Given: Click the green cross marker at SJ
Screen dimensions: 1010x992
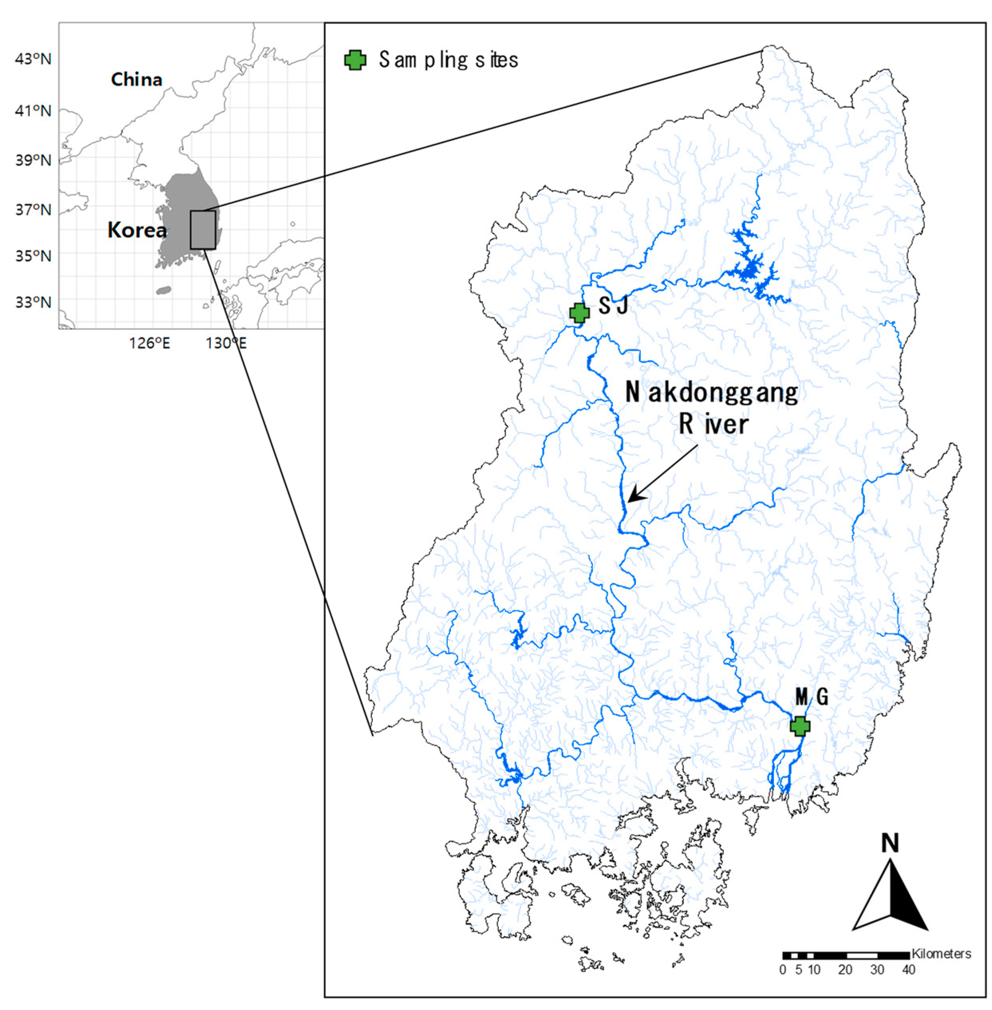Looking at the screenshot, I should [579, 313].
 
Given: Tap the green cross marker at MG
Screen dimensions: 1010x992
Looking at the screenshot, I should [800, 726].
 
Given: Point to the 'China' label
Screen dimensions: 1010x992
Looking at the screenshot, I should [136, 80].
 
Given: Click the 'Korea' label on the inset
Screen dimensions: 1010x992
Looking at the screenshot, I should [137, 230].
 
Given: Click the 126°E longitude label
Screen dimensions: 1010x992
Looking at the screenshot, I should [150, 343].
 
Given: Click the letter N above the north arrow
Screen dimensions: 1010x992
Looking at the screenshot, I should [890, 843].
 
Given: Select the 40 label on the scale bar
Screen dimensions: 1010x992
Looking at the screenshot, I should [909, 970].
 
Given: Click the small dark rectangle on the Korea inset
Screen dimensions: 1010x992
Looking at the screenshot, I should [203, 230].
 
